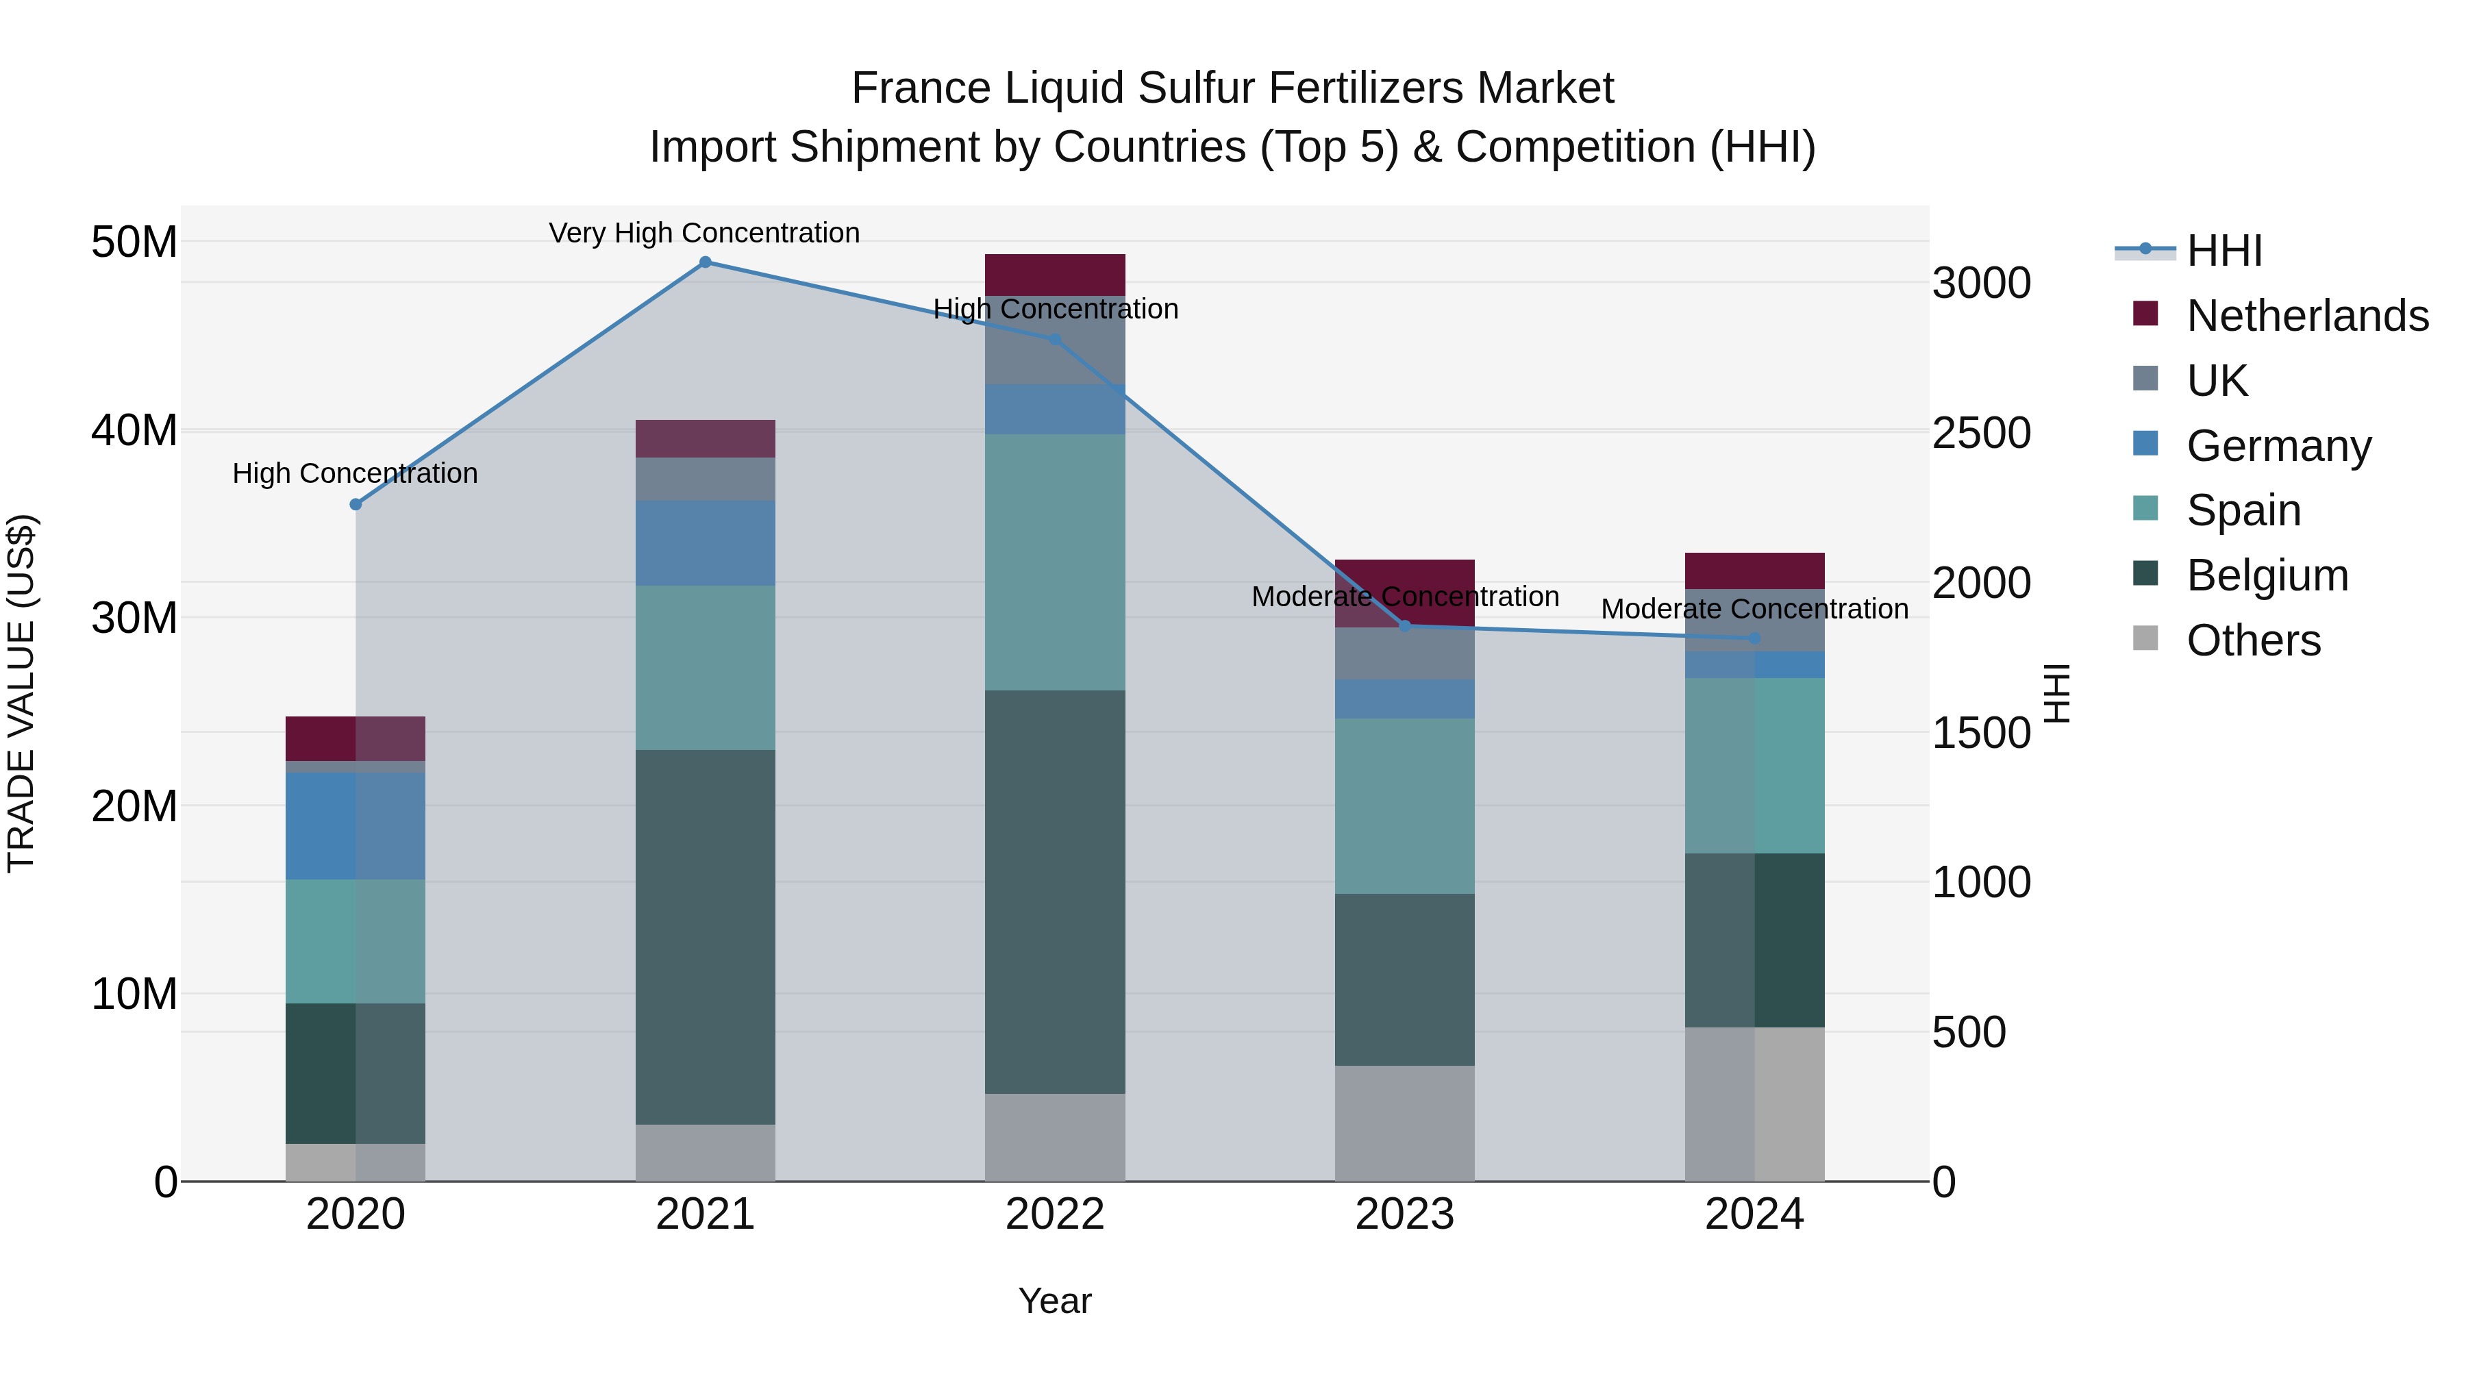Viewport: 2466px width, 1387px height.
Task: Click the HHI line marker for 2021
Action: (x=705, y=262)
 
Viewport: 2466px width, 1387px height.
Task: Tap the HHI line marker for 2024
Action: (x=1754, y=638)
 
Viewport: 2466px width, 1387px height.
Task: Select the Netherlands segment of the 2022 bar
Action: (x=1055, y=275)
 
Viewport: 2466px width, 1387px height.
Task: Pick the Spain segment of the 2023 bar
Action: (x=1404, y=806)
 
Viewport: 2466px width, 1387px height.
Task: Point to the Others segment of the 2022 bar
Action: (x=1055, y=1137)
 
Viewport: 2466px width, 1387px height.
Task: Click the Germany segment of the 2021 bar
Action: (x=705, y=542)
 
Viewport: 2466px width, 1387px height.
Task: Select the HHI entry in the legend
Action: (x=2223, y=251)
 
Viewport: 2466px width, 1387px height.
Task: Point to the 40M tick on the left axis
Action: (x=134, y=431)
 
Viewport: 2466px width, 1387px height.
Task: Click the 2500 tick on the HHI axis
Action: (x=1980, y=434)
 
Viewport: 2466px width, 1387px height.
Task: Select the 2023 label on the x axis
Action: (x=1404, y=1214)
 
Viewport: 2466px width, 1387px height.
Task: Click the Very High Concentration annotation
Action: (x=705, y=234)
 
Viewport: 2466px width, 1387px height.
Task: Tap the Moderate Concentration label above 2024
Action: (x=1754, y=610)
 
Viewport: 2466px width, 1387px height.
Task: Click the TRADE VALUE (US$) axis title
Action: (x=21, y=693)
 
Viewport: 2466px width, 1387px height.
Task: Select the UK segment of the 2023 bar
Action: (x=1404, y=654)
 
